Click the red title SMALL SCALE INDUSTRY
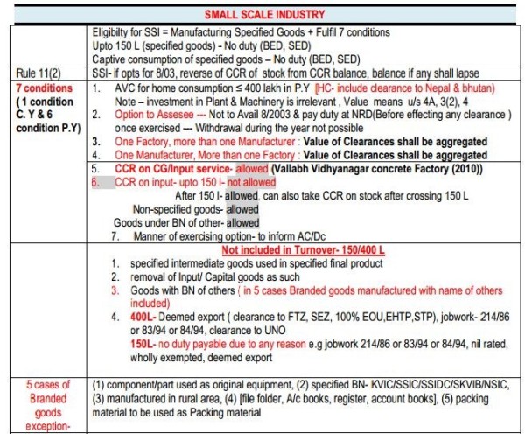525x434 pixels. pos(262,15)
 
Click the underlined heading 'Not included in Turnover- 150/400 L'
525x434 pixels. pos(306,248)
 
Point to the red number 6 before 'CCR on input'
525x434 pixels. pos(96,182)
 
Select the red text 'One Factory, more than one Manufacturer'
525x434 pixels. pos(201,141)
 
